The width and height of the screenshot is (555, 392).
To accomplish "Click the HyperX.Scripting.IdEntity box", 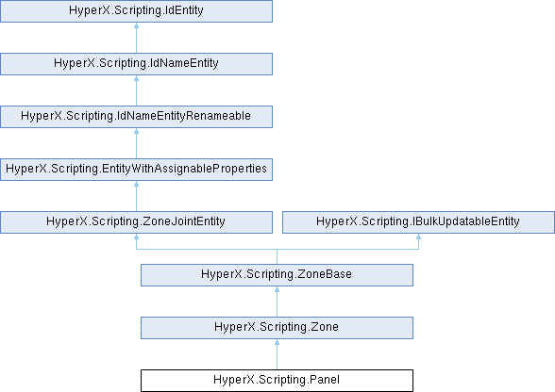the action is (136, 11).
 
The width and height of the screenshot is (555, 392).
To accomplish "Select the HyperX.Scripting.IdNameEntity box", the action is (136, 64).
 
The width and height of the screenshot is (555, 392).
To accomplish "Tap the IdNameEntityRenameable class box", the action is (136, 117).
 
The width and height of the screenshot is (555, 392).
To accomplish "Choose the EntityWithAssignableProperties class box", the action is (136, 170).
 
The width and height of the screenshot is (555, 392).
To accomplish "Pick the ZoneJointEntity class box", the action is (136, 222).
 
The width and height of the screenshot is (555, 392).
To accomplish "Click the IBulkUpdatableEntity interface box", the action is (418, 222).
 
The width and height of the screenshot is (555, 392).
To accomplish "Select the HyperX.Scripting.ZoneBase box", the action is (277, 275).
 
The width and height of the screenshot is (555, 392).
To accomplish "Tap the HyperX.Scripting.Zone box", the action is (277, 328).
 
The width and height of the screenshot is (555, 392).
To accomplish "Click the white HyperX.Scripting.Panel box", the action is (277, 381).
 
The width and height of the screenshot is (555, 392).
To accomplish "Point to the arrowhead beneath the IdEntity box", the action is (136, 25).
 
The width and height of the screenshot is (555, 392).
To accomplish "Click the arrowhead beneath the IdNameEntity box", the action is (136, 78).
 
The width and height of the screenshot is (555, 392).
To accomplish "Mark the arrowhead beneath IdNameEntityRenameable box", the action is (136, 131).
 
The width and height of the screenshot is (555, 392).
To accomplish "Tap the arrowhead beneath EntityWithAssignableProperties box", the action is (136, 184).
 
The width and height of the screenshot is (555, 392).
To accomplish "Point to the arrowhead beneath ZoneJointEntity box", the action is (136, 237).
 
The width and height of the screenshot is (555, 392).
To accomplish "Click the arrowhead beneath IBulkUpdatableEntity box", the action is (418, 237).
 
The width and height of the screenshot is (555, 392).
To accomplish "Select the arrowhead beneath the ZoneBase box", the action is (277, 289).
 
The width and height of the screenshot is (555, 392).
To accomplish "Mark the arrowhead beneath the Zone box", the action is (277, 342).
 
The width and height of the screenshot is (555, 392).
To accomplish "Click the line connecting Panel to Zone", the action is (277, 354).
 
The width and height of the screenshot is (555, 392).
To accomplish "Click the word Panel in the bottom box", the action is (325, 380).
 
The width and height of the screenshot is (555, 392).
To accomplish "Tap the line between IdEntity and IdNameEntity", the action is (136, 38).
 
